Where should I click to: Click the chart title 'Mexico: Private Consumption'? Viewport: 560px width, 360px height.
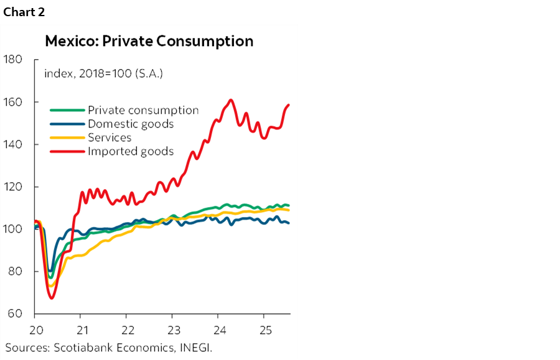point(149,41)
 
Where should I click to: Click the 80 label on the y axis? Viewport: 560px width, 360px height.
point(14,271)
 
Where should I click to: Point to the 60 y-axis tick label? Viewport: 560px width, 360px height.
point(14,313)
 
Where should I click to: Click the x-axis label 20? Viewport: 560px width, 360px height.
point(35,329)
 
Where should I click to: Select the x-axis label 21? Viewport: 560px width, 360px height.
point(81,329)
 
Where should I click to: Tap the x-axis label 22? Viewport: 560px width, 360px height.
point(127,329)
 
